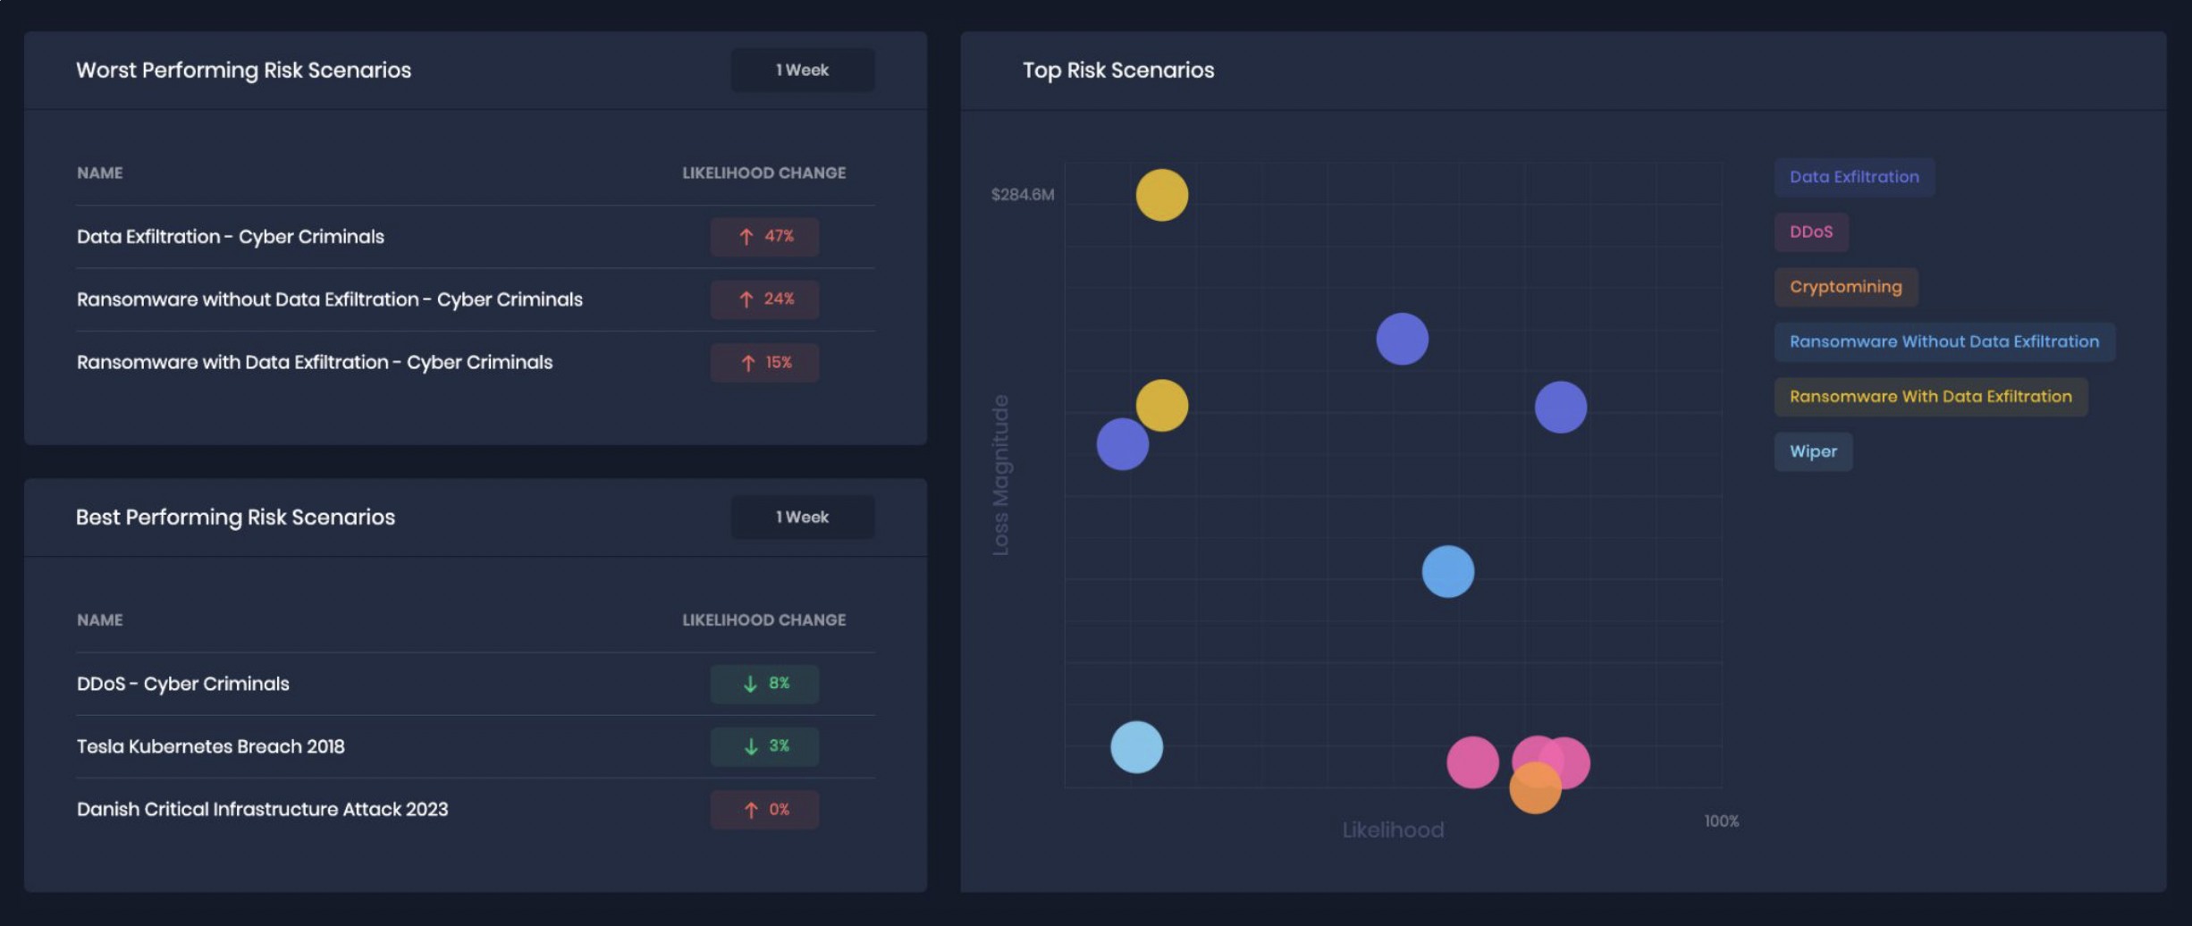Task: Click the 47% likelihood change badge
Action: pos(764,237)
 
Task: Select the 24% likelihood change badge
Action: pos(764,299)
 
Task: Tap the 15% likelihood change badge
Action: pos(764,363)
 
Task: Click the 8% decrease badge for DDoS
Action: pos(764,684)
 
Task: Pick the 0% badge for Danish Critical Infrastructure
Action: pos(764,810)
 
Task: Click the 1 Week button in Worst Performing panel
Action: pos(802,70)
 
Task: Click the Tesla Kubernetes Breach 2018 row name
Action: pos(211,746)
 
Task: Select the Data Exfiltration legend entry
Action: pos(1853,177)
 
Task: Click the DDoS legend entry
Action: pos(1810,232)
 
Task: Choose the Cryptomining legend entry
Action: pos(1845,287)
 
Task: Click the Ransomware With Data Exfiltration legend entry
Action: pos(1929,397)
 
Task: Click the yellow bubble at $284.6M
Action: pos(1161,195)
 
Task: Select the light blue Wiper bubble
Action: pos(1136,747)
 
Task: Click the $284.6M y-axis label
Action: pos(1022,195)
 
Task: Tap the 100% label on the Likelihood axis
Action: pos(1721,821)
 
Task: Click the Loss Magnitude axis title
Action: pos(1000,475)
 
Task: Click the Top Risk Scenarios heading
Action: pos(1117,70)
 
